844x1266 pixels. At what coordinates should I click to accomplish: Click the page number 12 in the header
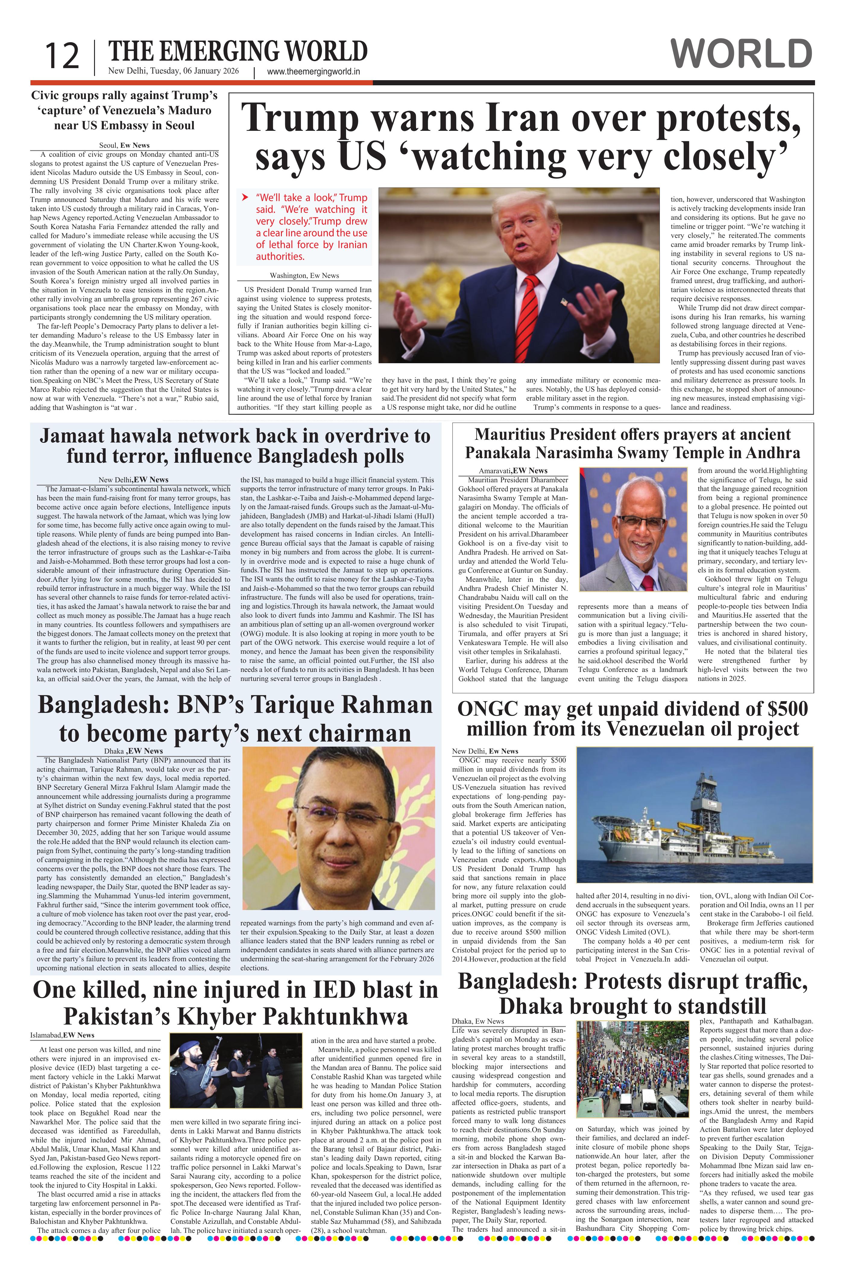coord(61,57)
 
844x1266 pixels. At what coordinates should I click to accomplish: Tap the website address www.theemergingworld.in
coord(313,72)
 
